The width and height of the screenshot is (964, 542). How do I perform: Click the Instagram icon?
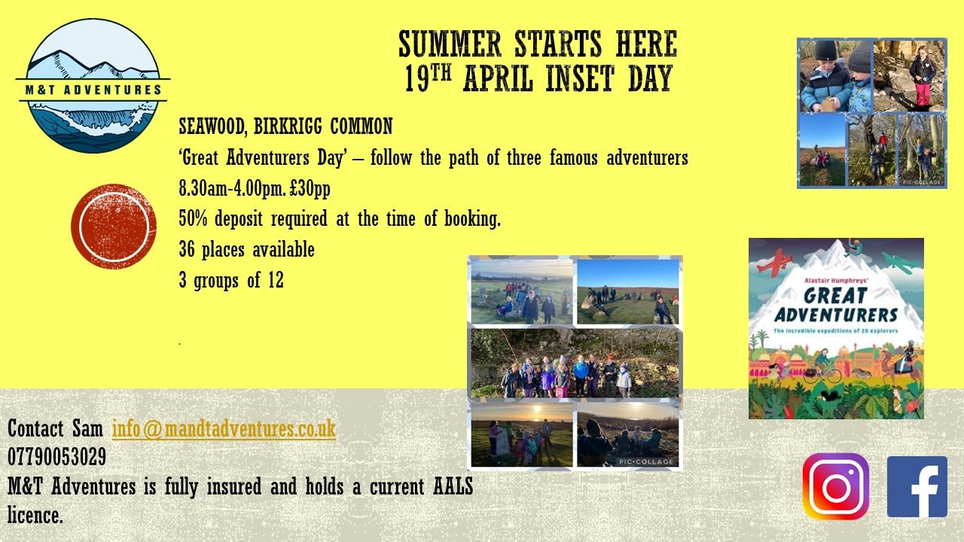[x=835, y=486]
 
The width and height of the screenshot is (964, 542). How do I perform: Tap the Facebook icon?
[x=917, y=486]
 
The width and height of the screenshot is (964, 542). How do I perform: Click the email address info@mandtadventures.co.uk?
[x=224, y=428]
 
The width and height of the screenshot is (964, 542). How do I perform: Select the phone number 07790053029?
[x=56, y=457]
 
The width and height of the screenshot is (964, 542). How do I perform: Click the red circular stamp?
[x=114, y=227]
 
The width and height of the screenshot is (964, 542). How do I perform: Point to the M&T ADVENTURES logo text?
[x=93, y=90]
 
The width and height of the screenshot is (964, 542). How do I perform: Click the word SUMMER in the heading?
[x=450, y=44]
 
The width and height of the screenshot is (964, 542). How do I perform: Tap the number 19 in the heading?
[x=417, y=78]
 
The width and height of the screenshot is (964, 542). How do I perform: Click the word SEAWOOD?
[x=212, y=126]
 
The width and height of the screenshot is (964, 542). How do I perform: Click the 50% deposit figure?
[x=193, y=219]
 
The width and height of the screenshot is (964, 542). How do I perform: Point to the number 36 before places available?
[x=187, y=249]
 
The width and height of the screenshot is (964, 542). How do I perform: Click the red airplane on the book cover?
[x=775, y=260]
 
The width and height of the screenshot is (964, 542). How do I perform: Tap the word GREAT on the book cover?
[x=835, y=296]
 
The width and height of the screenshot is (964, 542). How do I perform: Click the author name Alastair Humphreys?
[x=835, y=280]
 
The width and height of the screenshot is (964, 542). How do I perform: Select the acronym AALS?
[x=453, y=486]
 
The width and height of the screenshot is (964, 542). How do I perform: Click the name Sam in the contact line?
[x=87, y=428]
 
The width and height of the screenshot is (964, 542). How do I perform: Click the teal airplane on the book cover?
[x=898, y=263]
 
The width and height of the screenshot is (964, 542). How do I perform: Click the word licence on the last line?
[x=35, y=515]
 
